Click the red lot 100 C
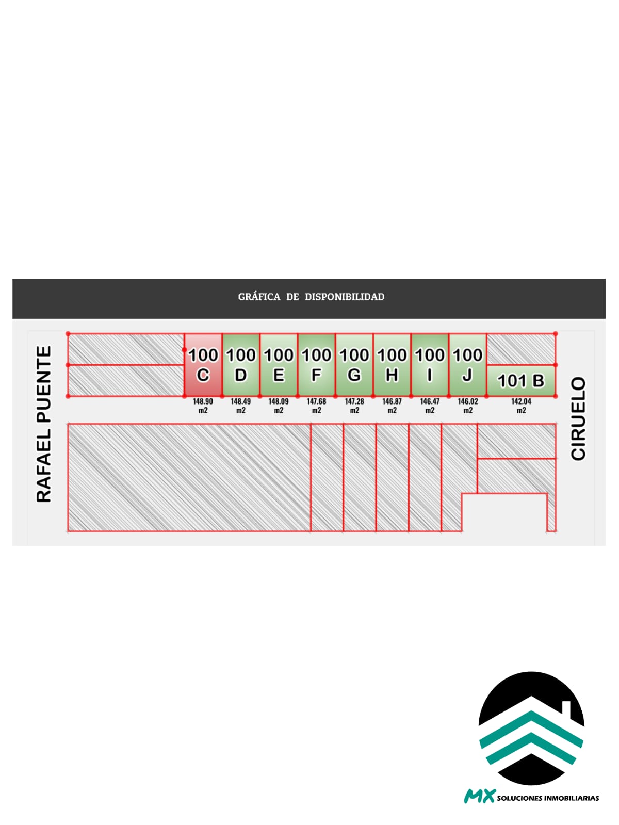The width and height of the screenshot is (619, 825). pos(203,365)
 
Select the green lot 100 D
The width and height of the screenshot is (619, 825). pos(241,365)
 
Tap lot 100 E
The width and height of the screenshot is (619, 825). pos(279,365)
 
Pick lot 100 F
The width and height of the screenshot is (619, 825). pos(316,365)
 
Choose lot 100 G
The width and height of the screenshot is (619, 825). pos(354,365)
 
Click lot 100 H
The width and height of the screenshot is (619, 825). pos(392,365)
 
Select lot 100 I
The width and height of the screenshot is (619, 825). pos(430,365)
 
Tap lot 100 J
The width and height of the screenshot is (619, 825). pos(467,365)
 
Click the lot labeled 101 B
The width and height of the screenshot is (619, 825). pos(521,381)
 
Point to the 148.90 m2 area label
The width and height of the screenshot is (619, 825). pos(203,406)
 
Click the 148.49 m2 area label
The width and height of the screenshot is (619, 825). pos(241,406)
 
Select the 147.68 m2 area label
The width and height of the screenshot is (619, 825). pos(316,406)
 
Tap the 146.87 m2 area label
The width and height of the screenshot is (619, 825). pos(392,406)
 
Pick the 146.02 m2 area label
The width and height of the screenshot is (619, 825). pos(468,406)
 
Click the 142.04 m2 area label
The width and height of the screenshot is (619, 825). pos(521,406)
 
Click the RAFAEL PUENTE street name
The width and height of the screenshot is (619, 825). pos(44,424)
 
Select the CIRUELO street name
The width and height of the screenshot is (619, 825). pos(578,418)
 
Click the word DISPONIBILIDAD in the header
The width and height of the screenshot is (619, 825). pos(344,297)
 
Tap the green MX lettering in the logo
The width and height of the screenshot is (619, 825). pos(480,796)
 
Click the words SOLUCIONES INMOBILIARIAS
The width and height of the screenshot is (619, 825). pos(548,798)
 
